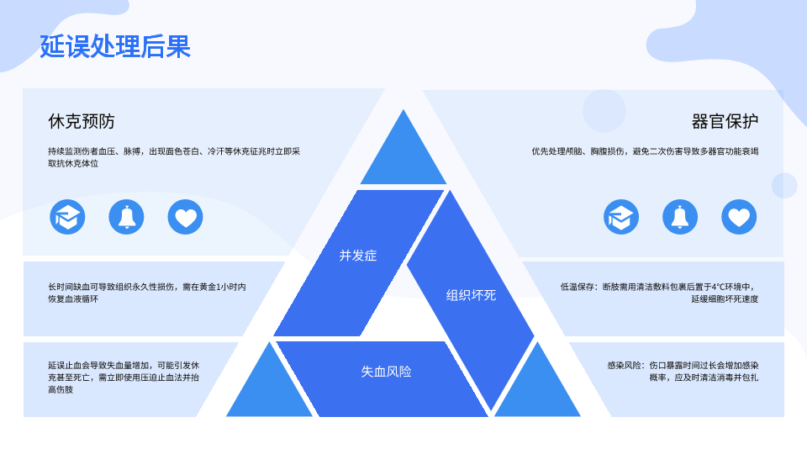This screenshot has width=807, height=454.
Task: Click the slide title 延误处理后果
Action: pyautogui.click(x=115, y=46)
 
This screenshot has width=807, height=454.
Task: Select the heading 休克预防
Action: pyautogui.click(x=82, y=121)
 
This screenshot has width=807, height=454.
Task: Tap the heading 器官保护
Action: pyautogui.click(x=725, y=121)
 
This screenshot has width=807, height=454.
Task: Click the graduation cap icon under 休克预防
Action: pyautogui.click(x=67, y=217)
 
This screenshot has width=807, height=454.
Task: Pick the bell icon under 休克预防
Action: pyautogui.click(x=126, y=217)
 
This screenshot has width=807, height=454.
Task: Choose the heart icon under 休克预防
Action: pyautogui.click(x=185, y=217)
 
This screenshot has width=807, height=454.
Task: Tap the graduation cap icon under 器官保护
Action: pyautogui.click(x=621, y=217)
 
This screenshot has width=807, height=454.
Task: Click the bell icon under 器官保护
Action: pyautogui.click(x=680, y=217)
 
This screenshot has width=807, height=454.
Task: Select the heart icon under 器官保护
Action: pyautogui.click(x=739, y=217)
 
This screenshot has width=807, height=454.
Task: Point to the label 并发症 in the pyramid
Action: pyautogui.click(x=358, y=256)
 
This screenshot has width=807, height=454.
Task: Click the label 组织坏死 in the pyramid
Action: pyautogui.click(x=471, y=295)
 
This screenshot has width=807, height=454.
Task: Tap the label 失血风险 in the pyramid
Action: pyautogui.click(x=387, y=371)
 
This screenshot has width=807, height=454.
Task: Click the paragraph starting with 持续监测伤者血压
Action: pyautogui.click(x=174, y=157)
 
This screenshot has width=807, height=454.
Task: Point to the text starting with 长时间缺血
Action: pyautogui.click(x=147, y=293)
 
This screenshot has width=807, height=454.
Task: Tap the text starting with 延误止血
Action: pyautogui.click(x=124, y=377)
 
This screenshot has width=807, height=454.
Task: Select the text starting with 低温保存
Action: pyautogui.click(x=659, y=293)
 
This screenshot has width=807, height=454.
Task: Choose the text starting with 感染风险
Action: pyautogui.click(x=683, y=371)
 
